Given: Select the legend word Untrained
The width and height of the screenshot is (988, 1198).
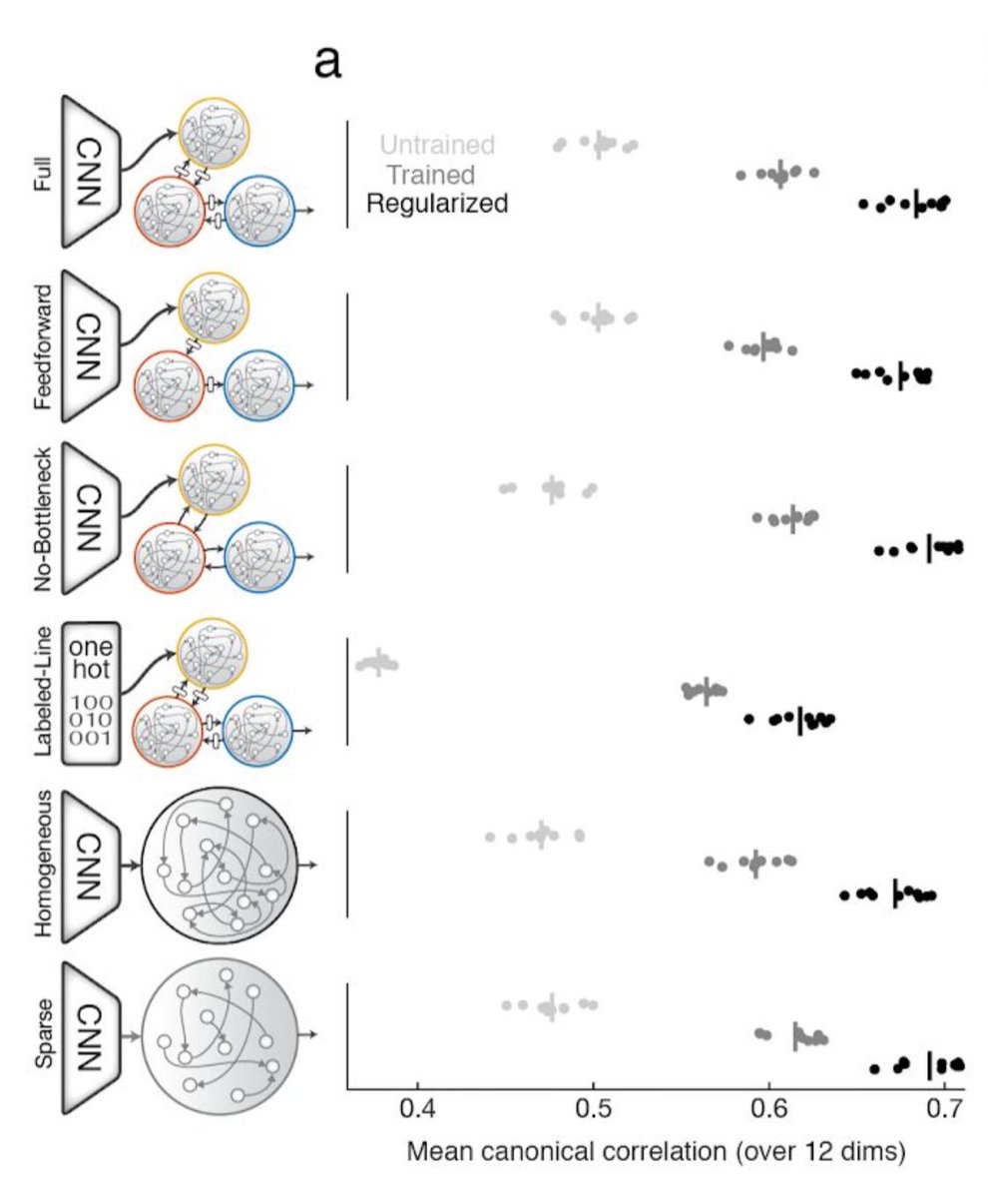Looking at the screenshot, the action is [437, 145].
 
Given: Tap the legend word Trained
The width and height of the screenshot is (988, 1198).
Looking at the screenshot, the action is [430, 176].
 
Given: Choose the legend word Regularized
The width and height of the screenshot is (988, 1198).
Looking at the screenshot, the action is [437, 205].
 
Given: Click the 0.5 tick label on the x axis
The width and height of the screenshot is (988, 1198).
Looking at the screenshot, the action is [593, 1109].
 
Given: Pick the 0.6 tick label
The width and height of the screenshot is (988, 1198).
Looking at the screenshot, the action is [769, 1109].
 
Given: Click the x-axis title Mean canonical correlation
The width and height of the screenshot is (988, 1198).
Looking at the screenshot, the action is [656, 1151].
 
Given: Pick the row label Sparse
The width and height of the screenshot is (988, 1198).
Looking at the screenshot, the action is [41, 1034].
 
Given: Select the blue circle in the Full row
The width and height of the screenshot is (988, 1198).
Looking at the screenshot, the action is [260, 211].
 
